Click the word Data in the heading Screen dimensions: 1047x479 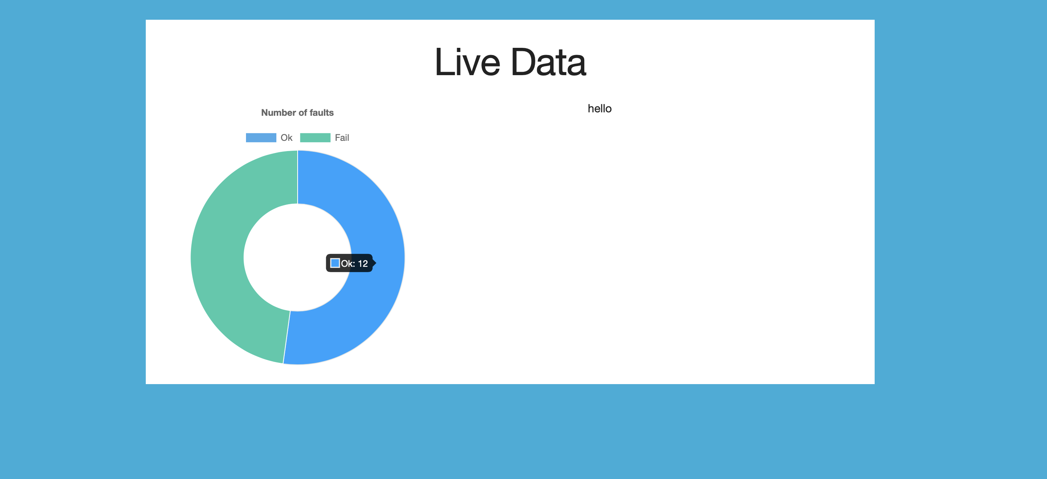click(549, 62)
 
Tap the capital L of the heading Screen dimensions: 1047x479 click(442, 62)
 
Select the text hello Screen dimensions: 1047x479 click(599, 109)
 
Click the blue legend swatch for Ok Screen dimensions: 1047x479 click(261, 138)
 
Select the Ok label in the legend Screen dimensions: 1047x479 click(287, 138)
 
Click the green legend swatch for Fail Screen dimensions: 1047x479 click(315, 138)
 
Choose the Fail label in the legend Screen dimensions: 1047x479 click(342, 138)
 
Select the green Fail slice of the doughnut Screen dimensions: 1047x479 click(219, 256)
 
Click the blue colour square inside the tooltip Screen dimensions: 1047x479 click(335, 263)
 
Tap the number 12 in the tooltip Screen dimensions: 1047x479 click(363, 264)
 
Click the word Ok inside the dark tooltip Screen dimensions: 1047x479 click(347, 264)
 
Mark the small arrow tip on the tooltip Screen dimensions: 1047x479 click(375, 263)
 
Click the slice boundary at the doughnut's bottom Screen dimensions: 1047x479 click(287, 337)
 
